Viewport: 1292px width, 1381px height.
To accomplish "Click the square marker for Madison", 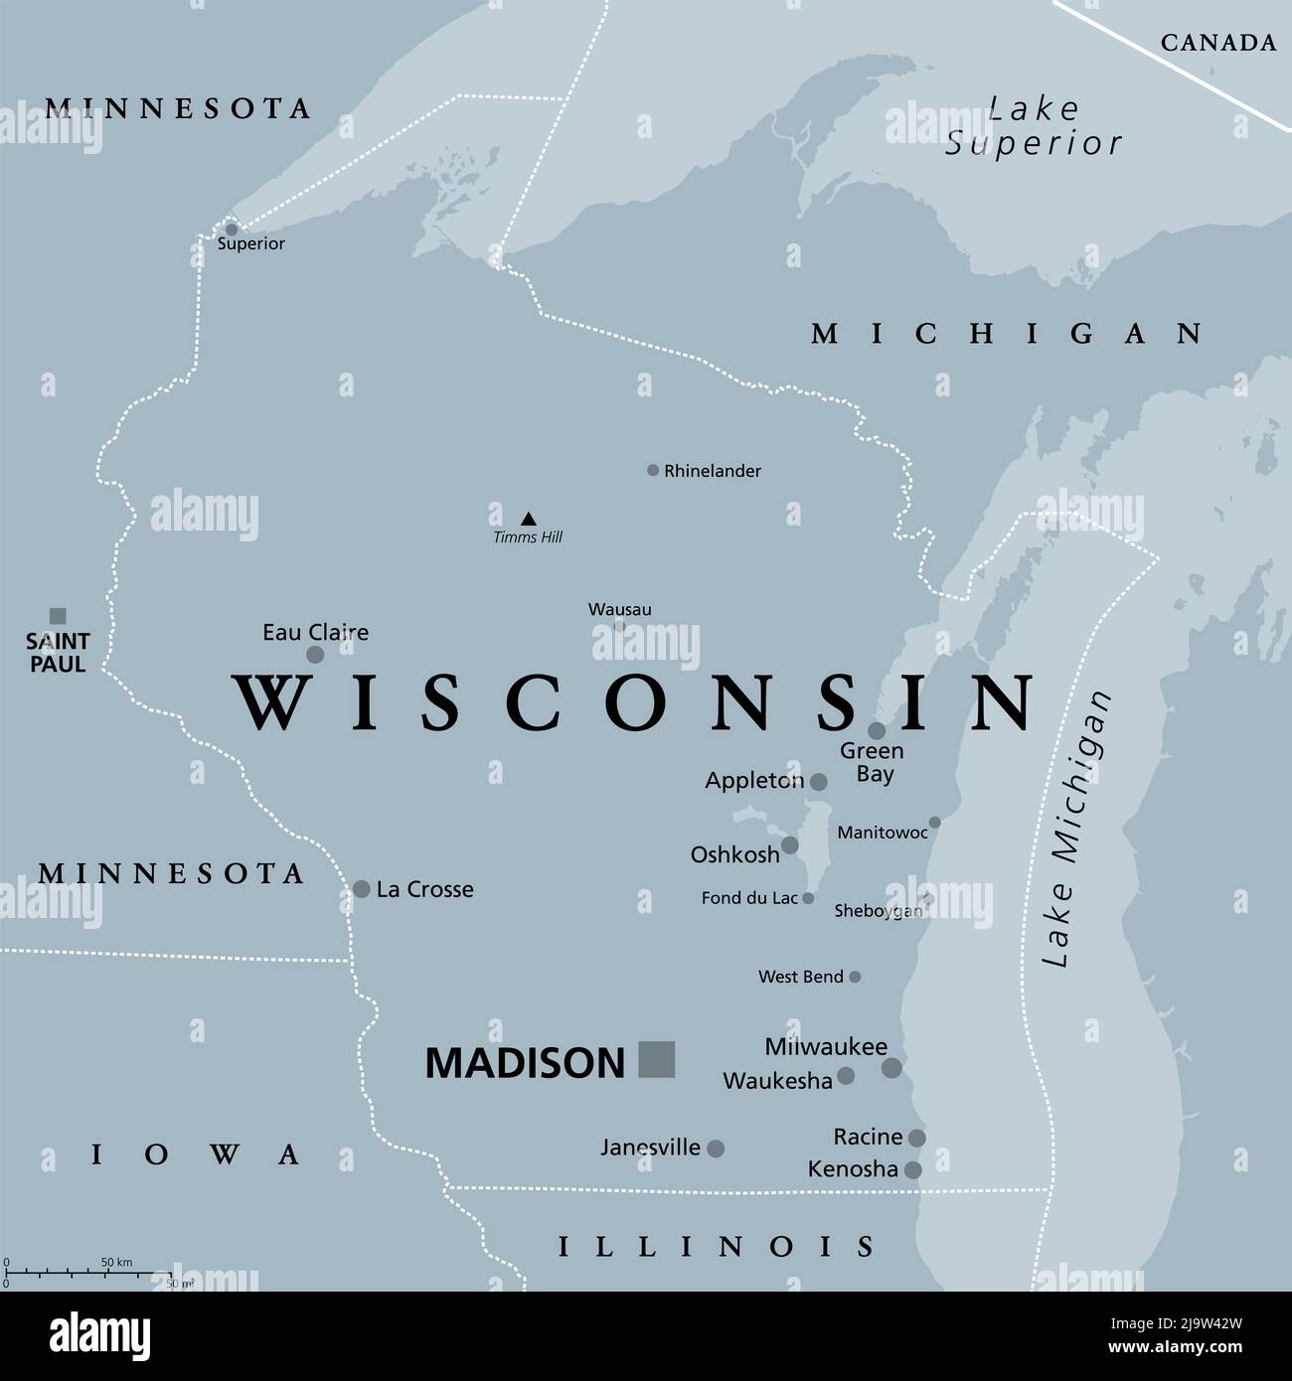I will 657,1059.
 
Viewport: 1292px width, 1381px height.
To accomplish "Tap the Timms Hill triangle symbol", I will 529,519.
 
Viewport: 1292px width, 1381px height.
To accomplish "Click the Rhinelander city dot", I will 653,471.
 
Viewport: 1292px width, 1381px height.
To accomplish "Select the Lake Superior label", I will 1034,126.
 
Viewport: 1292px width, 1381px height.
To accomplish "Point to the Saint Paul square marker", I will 58,616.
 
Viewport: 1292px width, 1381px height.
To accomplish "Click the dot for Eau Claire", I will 315,655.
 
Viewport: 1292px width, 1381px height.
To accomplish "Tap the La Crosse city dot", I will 362,889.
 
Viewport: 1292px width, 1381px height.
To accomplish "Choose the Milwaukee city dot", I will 891,1068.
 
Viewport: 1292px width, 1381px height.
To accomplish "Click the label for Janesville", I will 650,1148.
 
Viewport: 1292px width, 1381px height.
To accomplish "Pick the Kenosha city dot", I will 912,1170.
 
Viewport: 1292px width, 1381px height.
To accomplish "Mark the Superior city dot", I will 232,230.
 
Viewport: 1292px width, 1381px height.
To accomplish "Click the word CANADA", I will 1218,43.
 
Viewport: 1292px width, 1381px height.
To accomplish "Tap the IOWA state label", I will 197,1154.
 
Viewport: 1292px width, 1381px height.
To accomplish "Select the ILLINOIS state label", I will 717,1246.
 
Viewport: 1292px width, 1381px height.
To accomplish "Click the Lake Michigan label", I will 1075,830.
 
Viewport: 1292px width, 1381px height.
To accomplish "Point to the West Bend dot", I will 855,977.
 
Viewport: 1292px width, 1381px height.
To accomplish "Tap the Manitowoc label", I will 883,833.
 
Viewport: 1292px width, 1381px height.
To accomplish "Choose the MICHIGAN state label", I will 1007,334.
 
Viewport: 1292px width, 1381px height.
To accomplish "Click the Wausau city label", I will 619,609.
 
